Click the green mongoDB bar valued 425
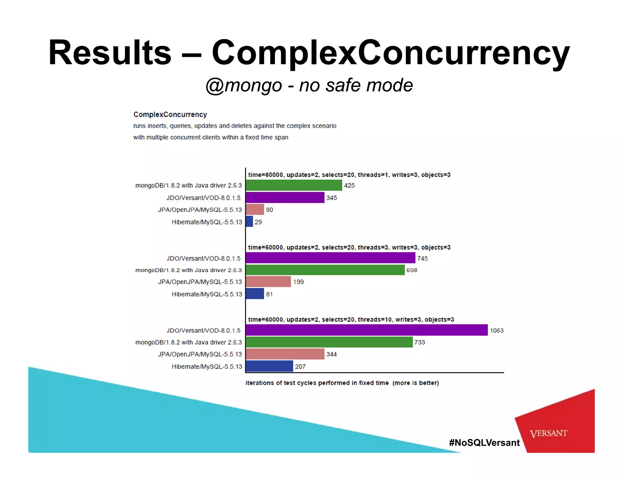[x=294, y=185]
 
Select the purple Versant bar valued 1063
[x=367, y=330]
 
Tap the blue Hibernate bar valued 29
[x=249, y=221]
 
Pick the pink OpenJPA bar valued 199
[x=268, y=282]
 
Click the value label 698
[x=412, y=270]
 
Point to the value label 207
[x=300, y=366]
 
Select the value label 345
[x=331, y=198]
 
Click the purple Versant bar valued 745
[x=330, y=258]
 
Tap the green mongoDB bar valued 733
[x=329, y=342]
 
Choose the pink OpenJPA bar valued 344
[x=285, y=354]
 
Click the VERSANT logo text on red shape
[x=548, y=433]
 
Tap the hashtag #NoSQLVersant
[x=484, y=442]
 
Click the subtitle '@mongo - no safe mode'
[x=309, y=85]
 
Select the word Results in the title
[x=110, y=52]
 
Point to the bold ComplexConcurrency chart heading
[x=170, y=115]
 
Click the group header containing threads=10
[x=351, y=319]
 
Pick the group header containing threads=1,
[x=349, y=175]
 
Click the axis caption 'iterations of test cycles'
[x=342, y=383]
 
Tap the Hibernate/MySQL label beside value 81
[x=207, y=294]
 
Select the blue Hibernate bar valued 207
[x=269, y=366]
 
